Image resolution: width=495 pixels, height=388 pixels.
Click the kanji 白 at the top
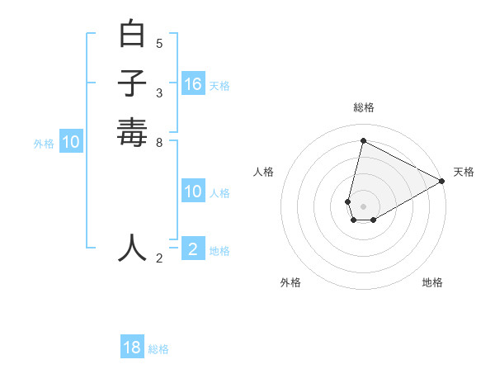pyautogui.click(x=133, y=35)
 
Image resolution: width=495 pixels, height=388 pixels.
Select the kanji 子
pyautogui.click(x=133, y=83)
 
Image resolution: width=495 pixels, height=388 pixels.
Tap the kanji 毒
pyautogui.click(x=133, y=132)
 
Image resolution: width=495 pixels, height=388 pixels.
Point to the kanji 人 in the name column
pyautogui.click(x=133, y=247)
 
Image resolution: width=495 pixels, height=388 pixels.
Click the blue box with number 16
pyautogui.click(x=193, y=84)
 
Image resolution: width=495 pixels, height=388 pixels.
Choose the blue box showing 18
pyautogui.click(x=132, y=348)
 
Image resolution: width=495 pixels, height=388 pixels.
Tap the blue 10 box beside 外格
pyautogui.click(x=71, y=142)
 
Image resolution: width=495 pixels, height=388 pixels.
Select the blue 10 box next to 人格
pyautogui.click(x=193, y=192)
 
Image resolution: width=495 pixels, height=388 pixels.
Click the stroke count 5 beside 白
pyautogui.click(x=159, y=43)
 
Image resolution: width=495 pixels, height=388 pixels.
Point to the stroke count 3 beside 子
pyautogui.click(x=159, y=92)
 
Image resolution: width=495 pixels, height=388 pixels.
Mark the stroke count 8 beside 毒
pyautogui.click(x=159, y=142)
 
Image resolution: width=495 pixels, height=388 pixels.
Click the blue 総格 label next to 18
pyautogui.click(x=158, y=349)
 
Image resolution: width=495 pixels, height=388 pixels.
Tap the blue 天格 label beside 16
pyautogui.click(x=219, y=86)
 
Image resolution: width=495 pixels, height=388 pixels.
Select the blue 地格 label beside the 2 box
pyautogui.click(x=219, y=251)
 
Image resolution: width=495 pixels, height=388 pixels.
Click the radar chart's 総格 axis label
pyautogui.click(x=364, y=107)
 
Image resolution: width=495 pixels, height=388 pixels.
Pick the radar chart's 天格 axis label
pyautogui.click(x=464, y=172)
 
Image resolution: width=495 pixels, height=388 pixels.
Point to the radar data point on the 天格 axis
pyautogui.click(x=442, y=181)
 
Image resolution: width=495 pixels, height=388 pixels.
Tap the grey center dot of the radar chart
pyautogui.click(x=363, y=206)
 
